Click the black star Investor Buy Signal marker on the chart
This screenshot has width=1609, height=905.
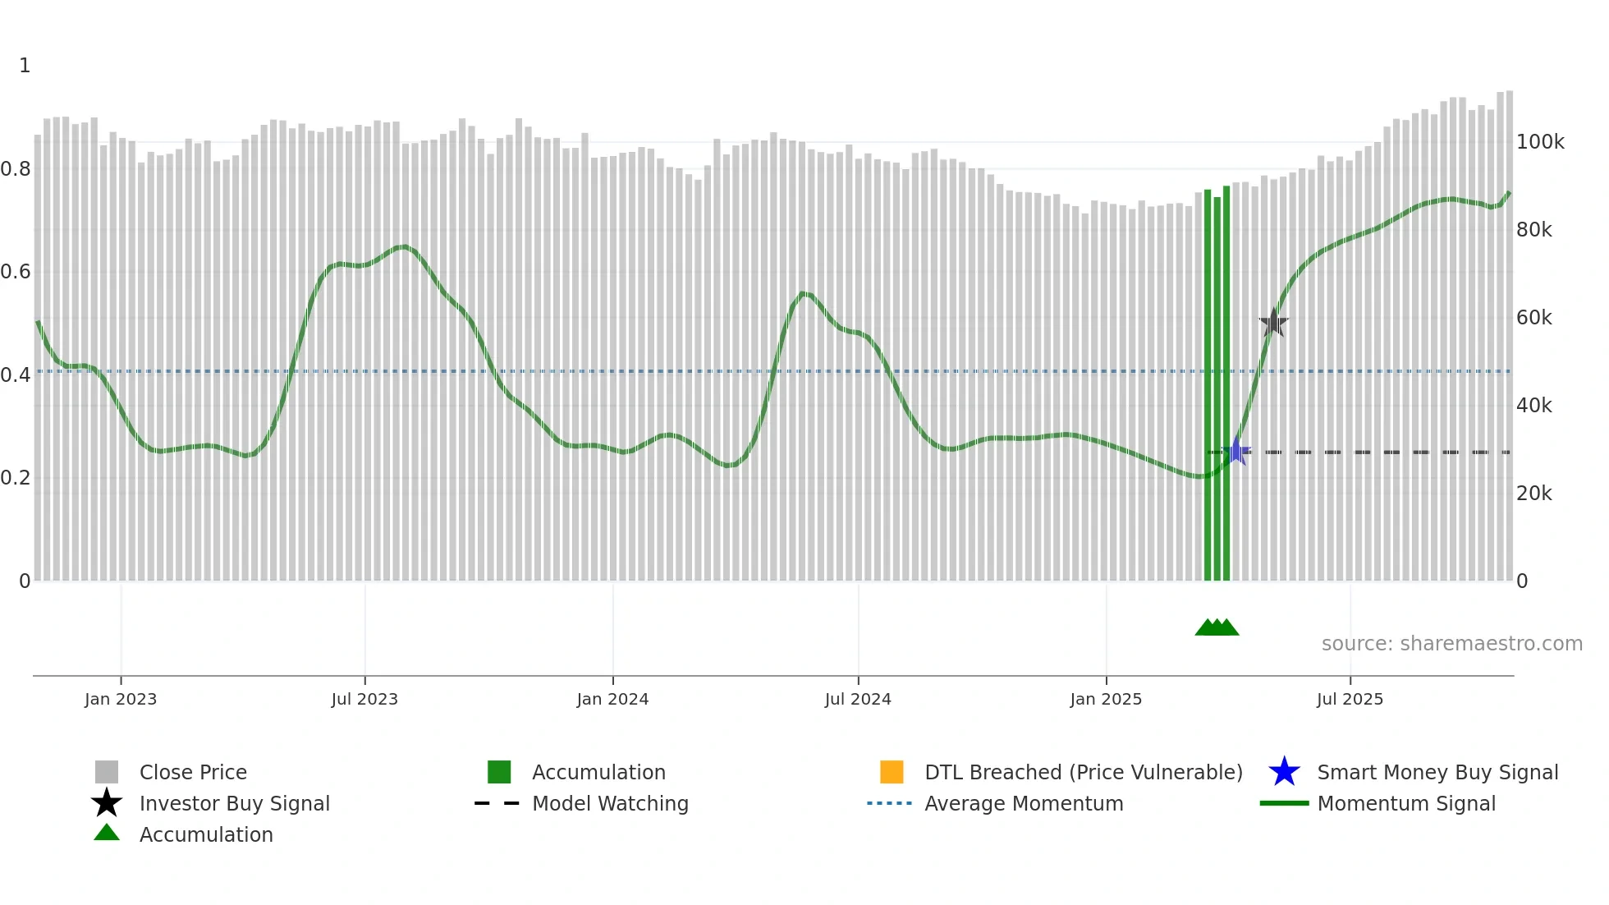coord(1273,323)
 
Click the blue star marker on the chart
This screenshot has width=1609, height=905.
coord(1236,451)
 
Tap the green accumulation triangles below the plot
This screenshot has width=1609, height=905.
coord(1217,627)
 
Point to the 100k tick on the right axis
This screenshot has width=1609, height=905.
coord(1540,142)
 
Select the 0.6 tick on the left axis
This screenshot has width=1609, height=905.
coord(16,272)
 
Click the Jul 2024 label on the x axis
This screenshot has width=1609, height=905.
coord(858,699)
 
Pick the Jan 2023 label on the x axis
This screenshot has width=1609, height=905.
coord(121,699)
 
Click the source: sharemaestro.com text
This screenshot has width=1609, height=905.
coord(1451,644)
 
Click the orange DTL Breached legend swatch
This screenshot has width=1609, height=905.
coord(892,772)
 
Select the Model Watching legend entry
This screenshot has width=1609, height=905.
coord(609,803)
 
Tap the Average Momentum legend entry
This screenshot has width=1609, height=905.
coord(1023,803)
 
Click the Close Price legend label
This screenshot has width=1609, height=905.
coord(193,772)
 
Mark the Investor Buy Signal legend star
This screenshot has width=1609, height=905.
coord(107,803)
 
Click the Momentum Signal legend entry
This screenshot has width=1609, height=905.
coord(1405,803)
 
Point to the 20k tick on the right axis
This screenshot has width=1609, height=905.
coord(1533,494)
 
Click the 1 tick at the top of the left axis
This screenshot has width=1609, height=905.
coord(25,66)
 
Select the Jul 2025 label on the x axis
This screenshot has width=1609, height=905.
coord(1350,699)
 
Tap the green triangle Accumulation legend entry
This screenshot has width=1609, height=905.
coord(205,834)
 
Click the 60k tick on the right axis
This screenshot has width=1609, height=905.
coord(1533,318)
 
